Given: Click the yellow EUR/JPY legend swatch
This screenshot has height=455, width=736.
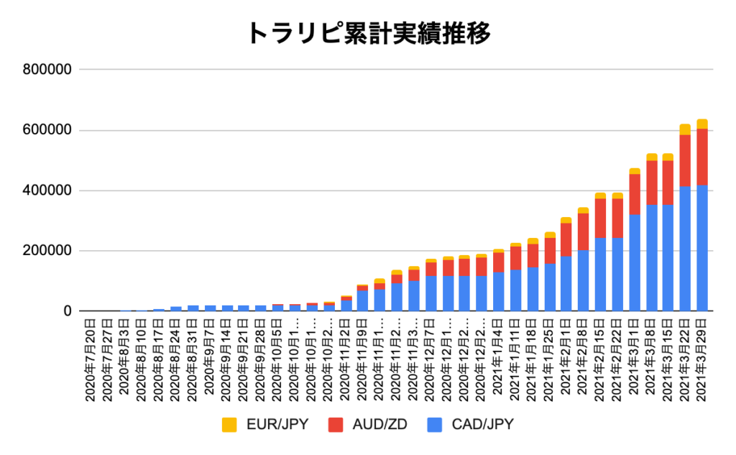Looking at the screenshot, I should (x=229, y=424).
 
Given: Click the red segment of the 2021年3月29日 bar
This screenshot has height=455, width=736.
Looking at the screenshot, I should (x=702, y=157).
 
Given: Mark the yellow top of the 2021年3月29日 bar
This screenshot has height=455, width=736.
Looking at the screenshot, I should (x=702, y=124).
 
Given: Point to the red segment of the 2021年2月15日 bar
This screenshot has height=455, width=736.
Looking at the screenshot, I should (x=600, y=218).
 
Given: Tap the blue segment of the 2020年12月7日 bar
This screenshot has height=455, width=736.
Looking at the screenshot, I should (x=431, y=293).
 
